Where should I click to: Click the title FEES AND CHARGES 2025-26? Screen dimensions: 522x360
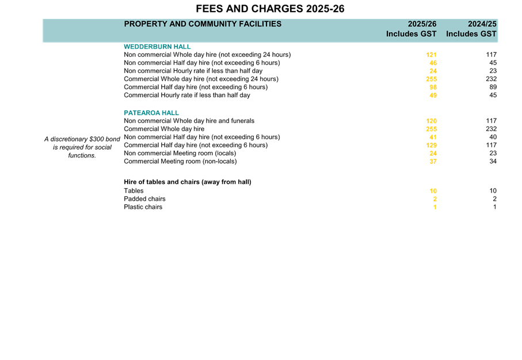[x=270, y=9]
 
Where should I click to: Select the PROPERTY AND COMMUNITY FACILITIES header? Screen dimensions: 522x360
[x=203, y=24]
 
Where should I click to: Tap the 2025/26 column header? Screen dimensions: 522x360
[x=422, y=24]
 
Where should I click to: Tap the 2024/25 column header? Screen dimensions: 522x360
[x=482, y=24]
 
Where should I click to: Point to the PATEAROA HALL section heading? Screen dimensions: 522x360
[x=151, y=113]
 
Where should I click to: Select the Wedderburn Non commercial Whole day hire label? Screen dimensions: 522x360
[x=207, y=55]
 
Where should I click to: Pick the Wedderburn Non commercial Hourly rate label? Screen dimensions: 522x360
[x=193, y=71]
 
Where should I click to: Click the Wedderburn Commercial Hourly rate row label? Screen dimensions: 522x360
[x=186, y=95]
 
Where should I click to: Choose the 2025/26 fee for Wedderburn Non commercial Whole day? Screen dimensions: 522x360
[x=431, y=55]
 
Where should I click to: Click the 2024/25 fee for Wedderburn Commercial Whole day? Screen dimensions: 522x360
[x=491, y=79]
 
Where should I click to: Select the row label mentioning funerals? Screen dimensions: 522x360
[x=189, y=121]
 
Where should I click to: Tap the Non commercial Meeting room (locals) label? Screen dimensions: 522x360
[x=180, y=153]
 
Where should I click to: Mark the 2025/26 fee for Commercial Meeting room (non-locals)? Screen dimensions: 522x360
[x=433, y=161]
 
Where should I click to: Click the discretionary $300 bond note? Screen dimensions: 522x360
[x=82, y=147]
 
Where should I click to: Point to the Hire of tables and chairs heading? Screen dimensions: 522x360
[x=188, y=182]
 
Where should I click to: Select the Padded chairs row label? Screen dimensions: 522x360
[x=144, y=198]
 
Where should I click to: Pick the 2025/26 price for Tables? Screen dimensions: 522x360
[x=433, y=190]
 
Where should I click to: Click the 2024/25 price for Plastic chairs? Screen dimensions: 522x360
[x=494, y=206]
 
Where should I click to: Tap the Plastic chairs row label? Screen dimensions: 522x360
[x=143, y=206]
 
